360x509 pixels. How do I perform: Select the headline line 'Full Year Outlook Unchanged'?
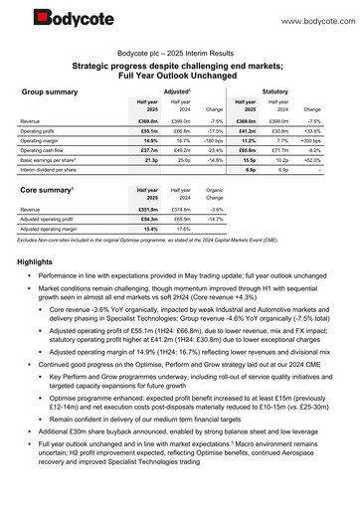(179, 74)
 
